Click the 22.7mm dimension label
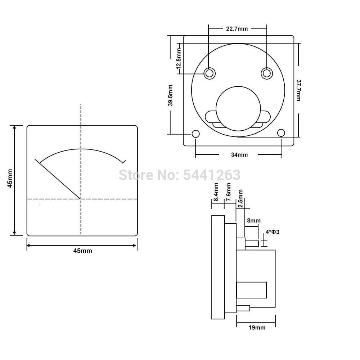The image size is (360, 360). (237, 29)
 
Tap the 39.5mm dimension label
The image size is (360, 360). (170, 95)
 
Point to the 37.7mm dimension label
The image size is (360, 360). (298, 90)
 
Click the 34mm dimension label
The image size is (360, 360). (239, 155)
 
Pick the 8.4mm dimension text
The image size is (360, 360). (216, 192)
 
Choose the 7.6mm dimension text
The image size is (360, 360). (228, 192)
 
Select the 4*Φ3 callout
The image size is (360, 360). (272, 232)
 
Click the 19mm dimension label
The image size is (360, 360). (257, 327)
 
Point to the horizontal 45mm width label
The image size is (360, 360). (82, 251)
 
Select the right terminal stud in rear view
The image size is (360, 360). (266, 73)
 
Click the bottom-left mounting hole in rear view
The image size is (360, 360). (195, 134)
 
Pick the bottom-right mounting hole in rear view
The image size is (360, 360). (281, 133)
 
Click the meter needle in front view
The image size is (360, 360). (58, 179)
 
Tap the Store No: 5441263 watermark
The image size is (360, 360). (179, 175)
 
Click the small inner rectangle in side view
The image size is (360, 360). (251, 290)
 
